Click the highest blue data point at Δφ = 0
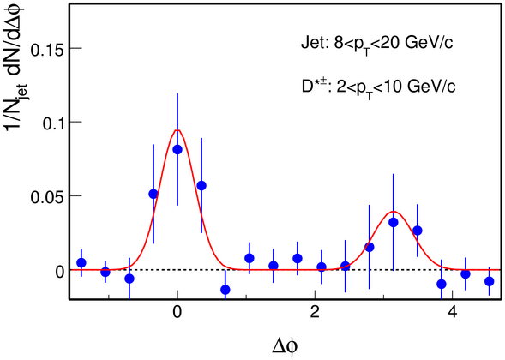(177, 149)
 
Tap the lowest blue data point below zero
(225, 290)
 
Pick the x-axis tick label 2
(315, 313)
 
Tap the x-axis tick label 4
(453, 313)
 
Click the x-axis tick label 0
(177, 313)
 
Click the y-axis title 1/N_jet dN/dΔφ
(15, 69)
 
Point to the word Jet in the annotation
(312, 43)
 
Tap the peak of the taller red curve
(177, 130)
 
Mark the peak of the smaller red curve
(394, 212)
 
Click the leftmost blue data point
(81, 262)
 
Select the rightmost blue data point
(490, 281)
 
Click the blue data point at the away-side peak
(394, 222)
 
